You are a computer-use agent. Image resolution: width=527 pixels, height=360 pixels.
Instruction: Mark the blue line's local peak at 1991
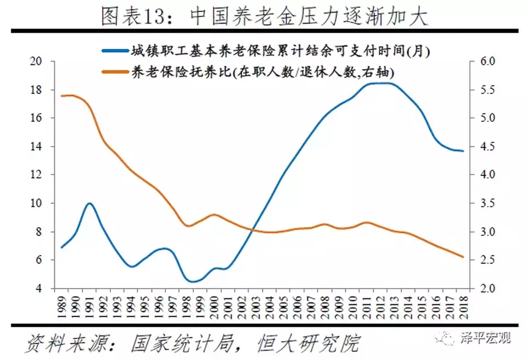point(89,203)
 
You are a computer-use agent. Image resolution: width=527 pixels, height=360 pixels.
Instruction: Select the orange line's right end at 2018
point(463,257)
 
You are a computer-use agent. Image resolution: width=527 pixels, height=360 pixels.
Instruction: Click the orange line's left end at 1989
point(61,96)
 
